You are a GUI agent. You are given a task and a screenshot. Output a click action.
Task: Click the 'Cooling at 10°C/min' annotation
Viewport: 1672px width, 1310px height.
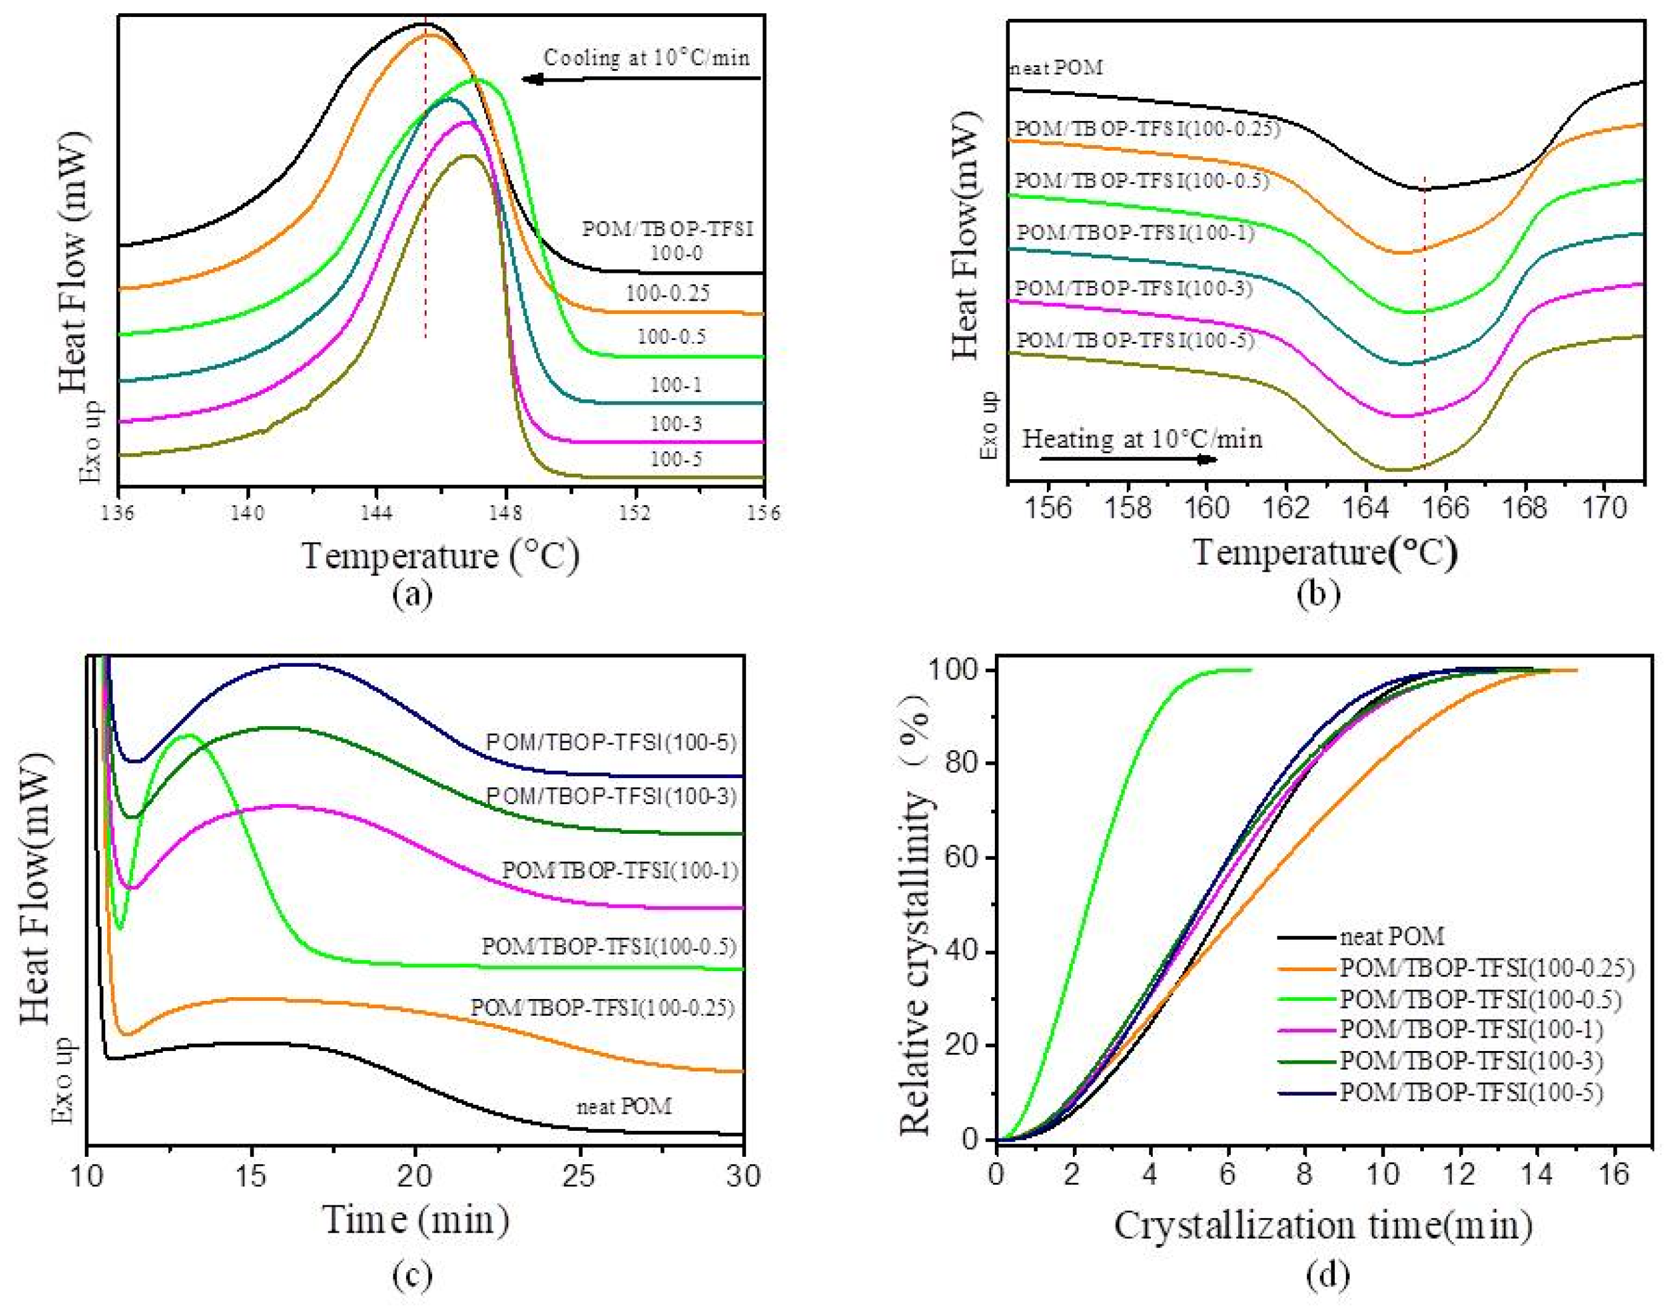tap(646, 57)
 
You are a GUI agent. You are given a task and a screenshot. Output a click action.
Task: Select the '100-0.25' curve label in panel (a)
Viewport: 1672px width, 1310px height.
tap(667, 293)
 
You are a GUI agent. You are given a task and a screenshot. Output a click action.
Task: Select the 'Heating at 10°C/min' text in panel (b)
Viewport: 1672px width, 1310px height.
tap(1142, 439)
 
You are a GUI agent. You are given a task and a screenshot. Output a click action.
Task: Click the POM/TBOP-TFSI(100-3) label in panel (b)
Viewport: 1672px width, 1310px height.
tap(1133, 289)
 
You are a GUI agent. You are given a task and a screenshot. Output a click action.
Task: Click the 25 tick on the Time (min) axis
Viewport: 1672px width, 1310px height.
tap(579, 1176)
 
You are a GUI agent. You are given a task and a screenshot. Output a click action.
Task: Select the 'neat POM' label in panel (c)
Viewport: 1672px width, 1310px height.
tap(623, 1107)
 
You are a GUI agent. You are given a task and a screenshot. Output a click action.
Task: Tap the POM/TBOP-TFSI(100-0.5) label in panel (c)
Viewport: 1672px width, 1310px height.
tap(608, 946)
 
